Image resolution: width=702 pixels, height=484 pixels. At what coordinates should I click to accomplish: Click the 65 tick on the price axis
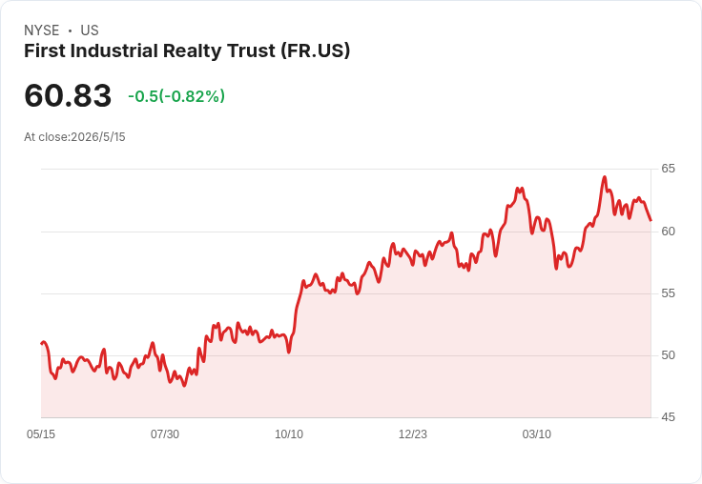pos(668,169)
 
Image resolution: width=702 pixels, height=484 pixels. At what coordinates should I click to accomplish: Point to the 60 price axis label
pos(668,232)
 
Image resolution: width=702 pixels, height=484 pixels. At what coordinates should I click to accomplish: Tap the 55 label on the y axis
pos(668,293)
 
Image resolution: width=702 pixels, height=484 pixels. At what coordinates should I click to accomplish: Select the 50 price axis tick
pos(668,355)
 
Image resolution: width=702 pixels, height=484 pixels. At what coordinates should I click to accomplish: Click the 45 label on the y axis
pos(668,417)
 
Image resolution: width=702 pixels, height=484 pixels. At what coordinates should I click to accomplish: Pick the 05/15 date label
pos(41,434)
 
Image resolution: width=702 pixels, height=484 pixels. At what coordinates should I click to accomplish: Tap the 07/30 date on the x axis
pos(165,434)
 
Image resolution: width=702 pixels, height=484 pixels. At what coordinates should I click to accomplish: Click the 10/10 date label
pos(289,434)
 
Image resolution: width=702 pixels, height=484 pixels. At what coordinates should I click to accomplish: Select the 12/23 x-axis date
pos(413,434)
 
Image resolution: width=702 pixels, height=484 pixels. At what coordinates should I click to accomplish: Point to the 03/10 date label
pos(537,434)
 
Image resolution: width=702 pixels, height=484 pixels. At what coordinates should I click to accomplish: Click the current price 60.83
pos(68,95)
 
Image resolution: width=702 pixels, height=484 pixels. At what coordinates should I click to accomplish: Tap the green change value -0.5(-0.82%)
pos(176,96)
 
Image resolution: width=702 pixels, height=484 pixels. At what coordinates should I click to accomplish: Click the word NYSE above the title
pos(42,30)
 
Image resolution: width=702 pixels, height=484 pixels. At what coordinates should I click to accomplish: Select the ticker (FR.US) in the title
pos(315,51)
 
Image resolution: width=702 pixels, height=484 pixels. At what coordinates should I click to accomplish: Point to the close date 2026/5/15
pos(98,137)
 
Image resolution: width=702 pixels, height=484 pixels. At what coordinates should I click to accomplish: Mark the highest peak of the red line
pos(605,177)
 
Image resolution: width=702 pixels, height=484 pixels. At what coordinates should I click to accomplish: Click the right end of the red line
pos(650,220)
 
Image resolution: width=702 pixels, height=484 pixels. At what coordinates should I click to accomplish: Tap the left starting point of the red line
pos(42,344)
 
